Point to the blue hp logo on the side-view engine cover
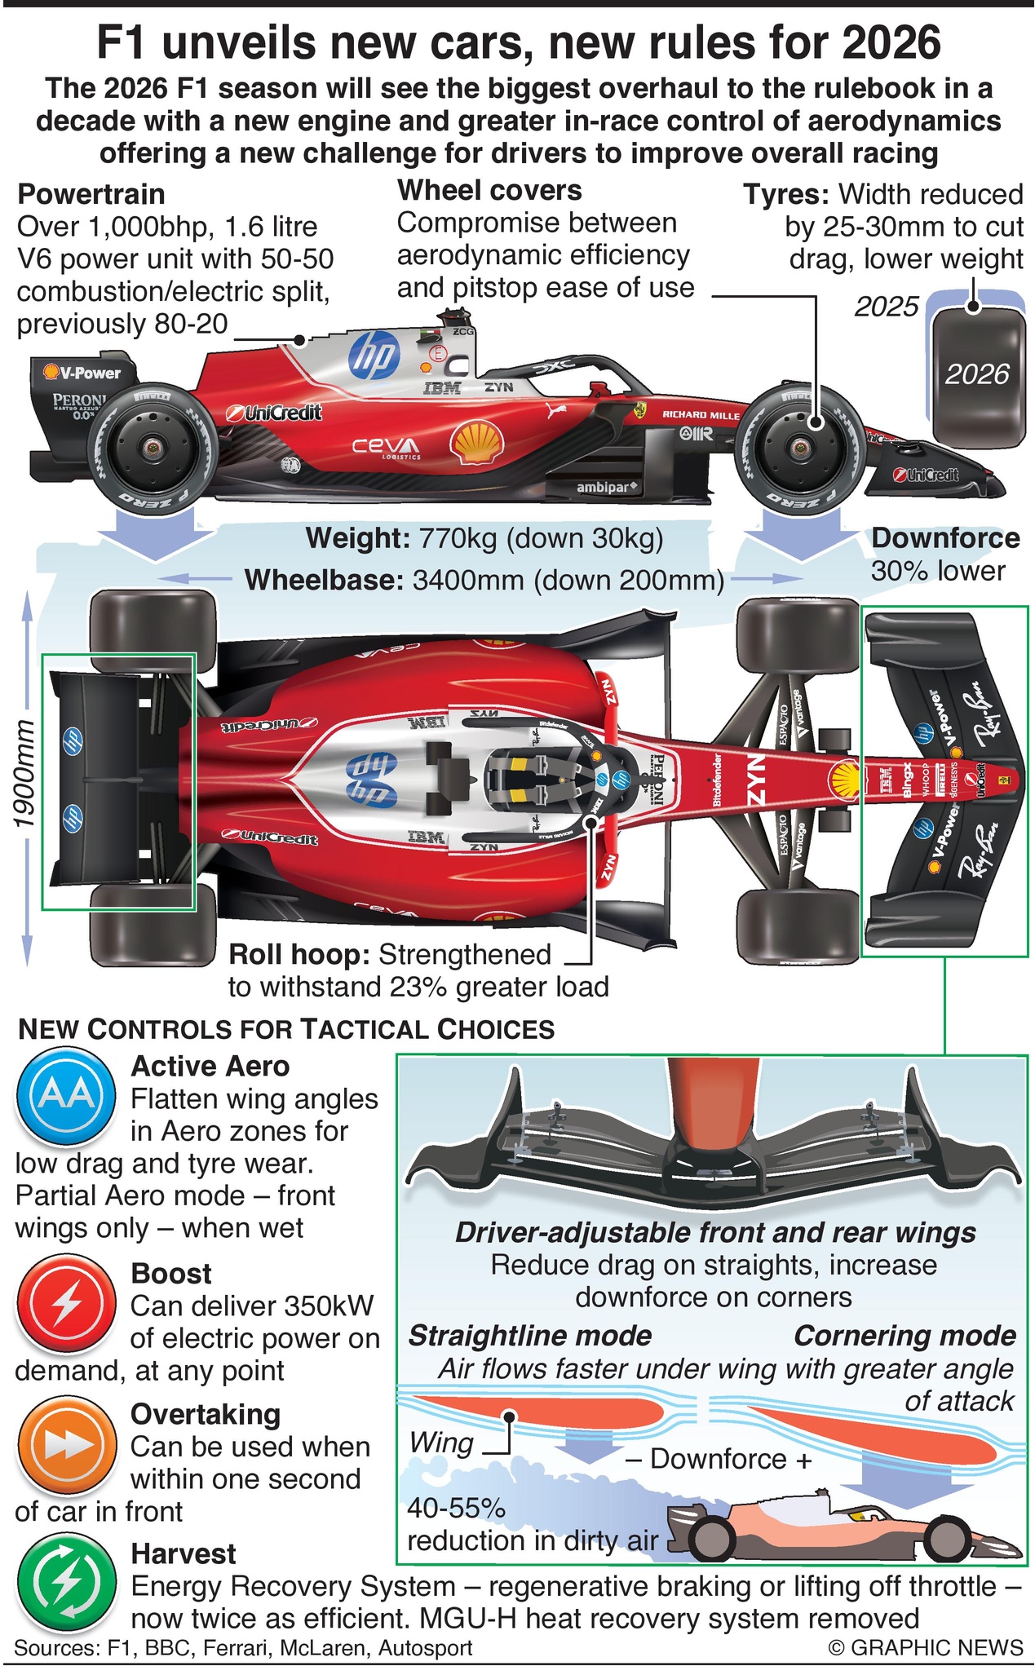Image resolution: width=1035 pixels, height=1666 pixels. point(374,356)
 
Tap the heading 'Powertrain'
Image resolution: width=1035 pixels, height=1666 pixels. point(91,194)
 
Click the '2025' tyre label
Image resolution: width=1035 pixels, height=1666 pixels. point(887,307)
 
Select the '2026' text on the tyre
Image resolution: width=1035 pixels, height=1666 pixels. point(977,373)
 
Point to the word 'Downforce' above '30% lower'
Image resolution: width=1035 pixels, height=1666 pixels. point(945,538)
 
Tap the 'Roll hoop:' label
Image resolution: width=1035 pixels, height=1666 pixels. point(300,954)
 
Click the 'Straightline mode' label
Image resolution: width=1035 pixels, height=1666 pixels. point(530,1336)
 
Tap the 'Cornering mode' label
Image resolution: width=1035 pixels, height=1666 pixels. point(905,1336)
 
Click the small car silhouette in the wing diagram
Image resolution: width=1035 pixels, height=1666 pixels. point(840,1528)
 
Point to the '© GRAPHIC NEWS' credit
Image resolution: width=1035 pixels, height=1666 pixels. point(925,1647)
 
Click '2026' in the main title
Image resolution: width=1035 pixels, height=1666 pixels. point(891,42)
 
